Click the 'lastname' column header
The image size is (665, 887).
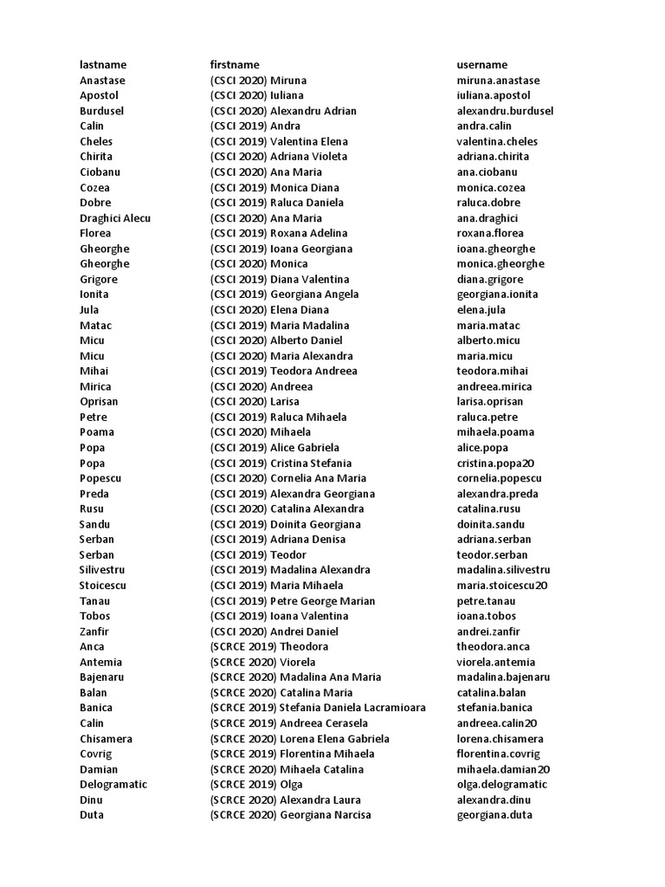(x=103, y=65)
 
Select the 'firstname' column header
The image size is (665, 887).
(x=234, y=65)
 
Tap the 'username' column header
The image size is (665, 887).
(x=481, y=65)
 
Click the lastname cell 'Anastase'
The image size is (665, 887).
(x=102, y=81)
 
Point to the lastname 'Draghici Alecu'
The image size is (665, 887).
(x=115, y=218)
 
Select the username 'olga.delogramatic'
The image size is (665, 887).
(x=502, y=785)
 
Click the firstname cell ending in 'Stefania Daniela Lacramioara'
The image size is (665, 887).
(x=317, y=708)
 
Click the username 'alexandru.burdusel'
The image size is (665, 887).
(x=505, y=111)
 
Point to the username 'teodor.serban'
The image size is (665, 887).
(x=492, y=555)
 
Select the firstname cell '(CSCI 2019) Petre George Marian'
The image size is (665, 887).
(x=292, y=601)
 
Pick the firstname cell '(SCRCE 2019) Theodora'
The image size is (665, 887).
(x=268, y=647)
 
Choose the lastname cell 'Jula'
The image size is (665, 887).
(x=89, y=310)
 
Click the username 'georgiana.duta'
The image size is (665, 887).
(x=494, y=815)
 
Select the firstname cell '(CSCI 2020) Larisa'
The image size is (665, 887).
(x=254, y=402)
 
